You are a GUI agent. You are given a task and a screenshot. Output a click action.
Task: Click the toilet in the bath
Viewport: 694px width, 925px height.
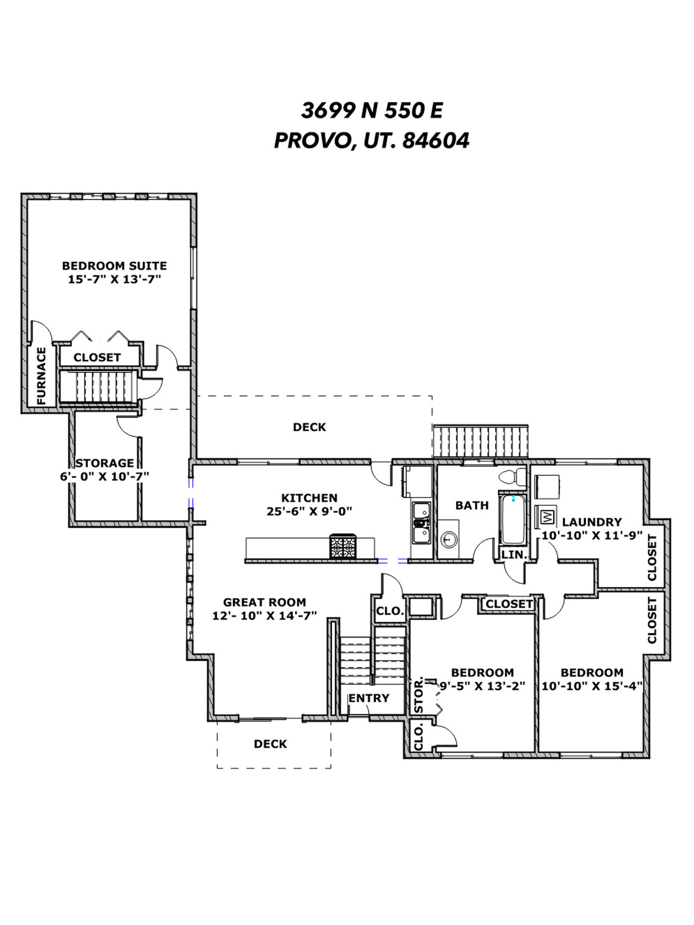(x=513, y=476)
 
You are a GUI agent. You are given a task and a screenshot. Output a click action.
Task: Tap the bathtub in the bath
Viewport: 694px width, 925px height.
(x=513, y=520)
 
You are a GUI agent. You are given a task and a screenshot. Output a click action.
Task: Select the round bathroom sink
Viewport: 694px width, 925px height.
(x=449, y=539)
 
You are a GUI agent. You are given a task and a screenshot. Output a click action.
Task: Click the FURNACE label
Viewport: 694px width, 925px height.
(x=41, y=375)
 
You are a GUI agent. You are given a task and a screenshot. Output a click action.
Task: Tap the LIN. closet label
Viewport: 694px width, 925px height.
(x=514, y=555)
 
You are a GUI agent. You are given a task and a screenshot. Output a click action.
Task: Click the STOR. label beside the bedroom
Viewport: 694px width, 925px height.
(x=419, y=695)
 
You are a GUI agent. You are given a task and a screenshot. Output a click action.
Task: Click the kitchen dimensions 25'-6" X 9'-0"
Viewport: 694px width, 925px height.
(x=309, y=511)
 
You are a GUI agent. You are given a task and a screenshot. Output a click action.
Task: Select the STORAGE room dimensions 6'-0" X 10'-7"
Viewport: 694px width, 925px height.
(x=104, y=476)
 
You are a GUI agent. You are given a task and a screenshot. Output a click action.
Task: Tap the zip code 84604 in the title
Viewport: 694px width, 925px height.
(x=436, y=141)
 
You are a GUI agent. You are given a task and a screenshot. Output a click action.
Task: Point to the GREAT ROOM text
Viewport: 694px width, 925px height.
(x=264, y=602)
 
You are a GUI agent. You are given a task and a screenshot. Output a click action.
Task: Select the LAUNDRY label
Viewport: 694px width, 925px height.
(x=592, y=522)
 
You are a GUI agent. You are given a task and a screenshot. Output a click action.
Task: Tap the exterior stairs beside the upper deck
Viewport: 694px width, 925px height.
(x=481, y=441)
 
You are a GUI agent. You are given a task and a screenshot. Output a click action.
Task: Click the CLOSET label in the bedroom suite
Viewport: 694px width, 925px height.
(x=98, y=357)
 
